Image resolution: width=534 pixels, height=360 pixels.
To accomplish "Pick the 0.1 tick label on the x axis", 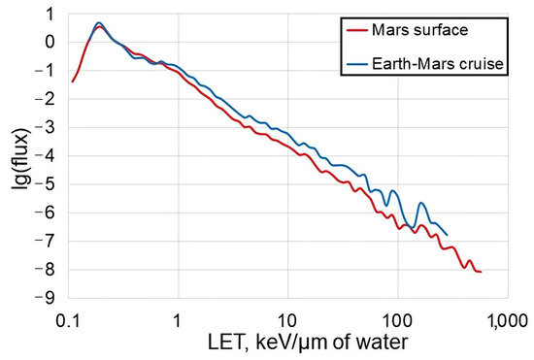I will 68,318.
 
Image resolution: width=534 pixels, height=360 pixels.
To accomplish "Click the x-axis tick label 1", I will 178,318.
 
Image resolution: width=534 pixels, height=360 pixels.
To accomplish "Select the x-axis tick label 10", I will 285,318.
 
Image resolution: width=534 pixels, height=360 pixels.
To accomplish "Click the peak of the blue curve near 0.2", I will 99,22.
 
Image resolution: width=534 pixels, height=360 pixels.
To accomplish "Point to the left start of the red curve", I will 73,82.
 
